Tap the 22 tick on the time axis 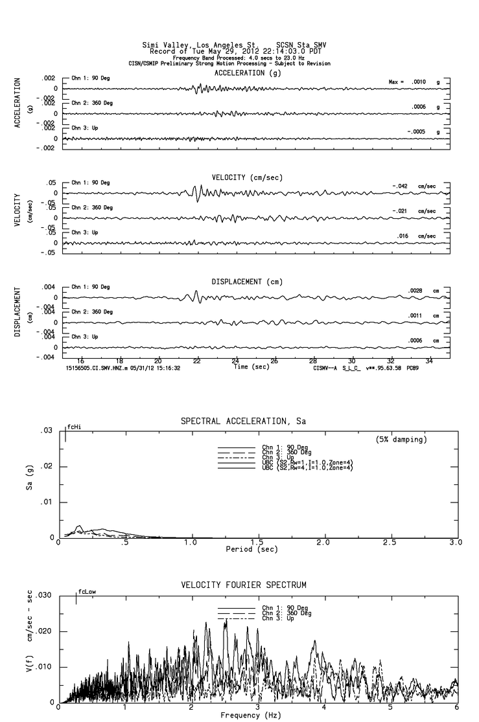click(196, 361)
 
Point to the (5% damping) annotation click(402, 439)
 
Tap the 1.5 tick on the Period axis click(257, 542)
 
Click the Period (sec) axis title click(257, 549)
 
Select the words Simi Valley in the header click(163, 45)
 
